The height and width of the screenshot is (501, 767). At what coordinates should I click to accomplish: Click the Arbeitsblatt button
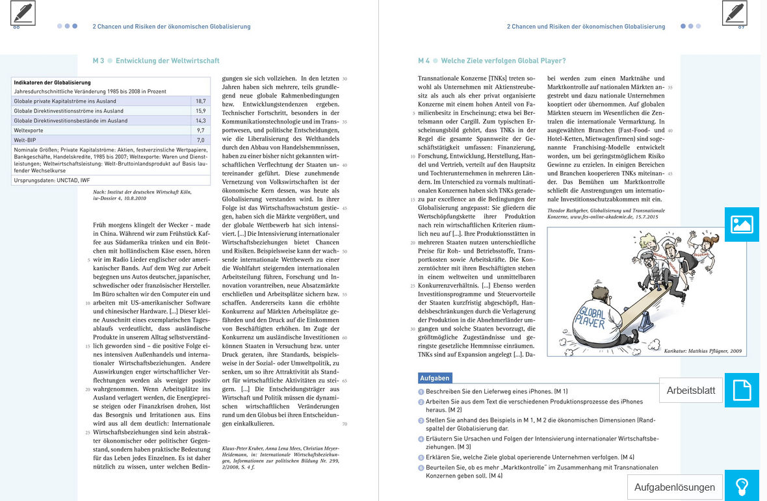pos(690,391)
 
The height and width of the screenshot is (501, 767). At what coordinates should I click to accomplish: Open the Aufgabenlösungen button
pos(674,487)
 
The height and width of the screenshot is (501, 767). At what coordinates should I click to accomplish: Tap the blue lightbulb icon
pos(742,486)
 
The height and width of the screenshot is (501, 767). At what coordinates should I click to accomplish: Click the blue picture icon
pos(742,225)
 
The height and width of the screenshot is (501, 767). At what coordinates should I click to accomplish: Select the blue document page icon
pos(742,391)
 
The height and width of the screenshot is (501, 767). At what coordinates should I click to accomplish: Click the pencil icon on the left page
pos(23,13)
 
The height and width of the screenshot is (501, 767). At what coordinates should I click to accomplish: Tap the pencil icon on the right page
pos(734,13)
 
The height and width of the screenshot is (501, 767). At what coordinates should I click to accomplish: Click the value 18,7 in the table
pos(200,101)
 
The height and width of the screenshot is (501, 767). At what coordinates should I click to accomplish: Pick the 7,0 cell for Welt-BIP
pos(200,140)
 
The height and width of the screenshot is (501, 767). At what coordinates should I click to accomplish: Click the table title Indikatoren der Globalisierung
pos(52,83)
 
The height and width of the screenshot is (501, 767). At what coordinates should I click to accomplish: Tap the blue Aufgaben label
pos(434,378)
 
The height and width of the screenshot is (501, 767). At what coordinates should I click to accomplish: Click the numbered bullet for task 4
pos(421,439)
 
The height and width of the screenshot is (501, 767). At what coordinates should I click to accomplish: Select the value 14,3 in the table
pos(200,121)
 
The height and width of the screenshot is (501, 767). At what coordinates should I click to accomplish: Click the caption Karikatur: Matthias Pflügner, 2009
pos(703,351)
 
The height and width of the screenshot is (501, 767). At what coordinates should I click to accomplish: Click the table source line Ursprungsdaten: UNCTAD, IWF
pos(52,180)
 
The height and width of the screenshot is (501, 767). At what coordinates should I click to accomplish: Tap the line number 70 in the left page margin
pos(344,424)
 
